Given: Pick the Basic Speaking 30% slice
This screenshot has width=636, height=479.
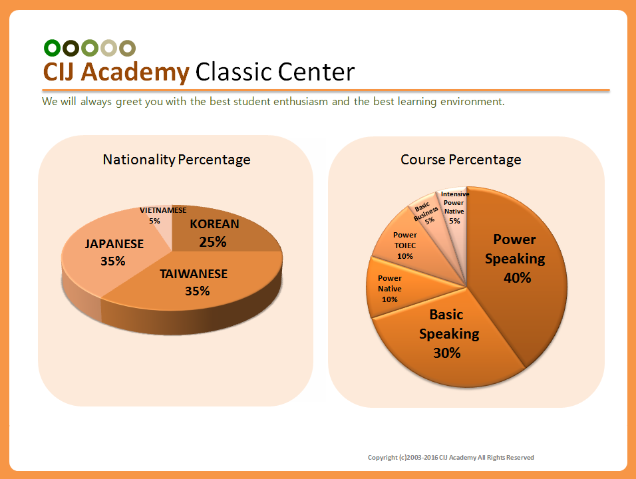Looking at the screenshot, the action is pos(446,337).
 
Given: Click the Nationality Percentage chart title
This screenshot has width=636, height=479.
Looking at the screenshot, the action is pos(176,160).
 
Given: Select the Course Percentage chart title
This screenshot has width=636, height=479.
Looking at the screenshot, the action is pos(461,160).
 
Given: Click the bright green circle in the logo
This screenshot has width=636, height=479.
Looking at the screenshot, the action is pos(52,48).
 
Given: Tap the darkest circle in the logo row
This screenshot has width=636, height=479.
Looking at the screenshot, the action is pos(71,48).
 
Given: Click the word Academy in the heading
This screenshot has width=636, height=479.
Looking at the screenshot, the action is pos(135,73).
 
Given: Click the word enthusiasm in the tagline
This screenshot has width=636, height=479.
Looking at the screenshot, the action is pos(301,101).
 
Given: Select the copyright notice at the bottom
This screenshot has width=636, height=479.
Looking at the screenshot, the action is pos(450,458).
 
